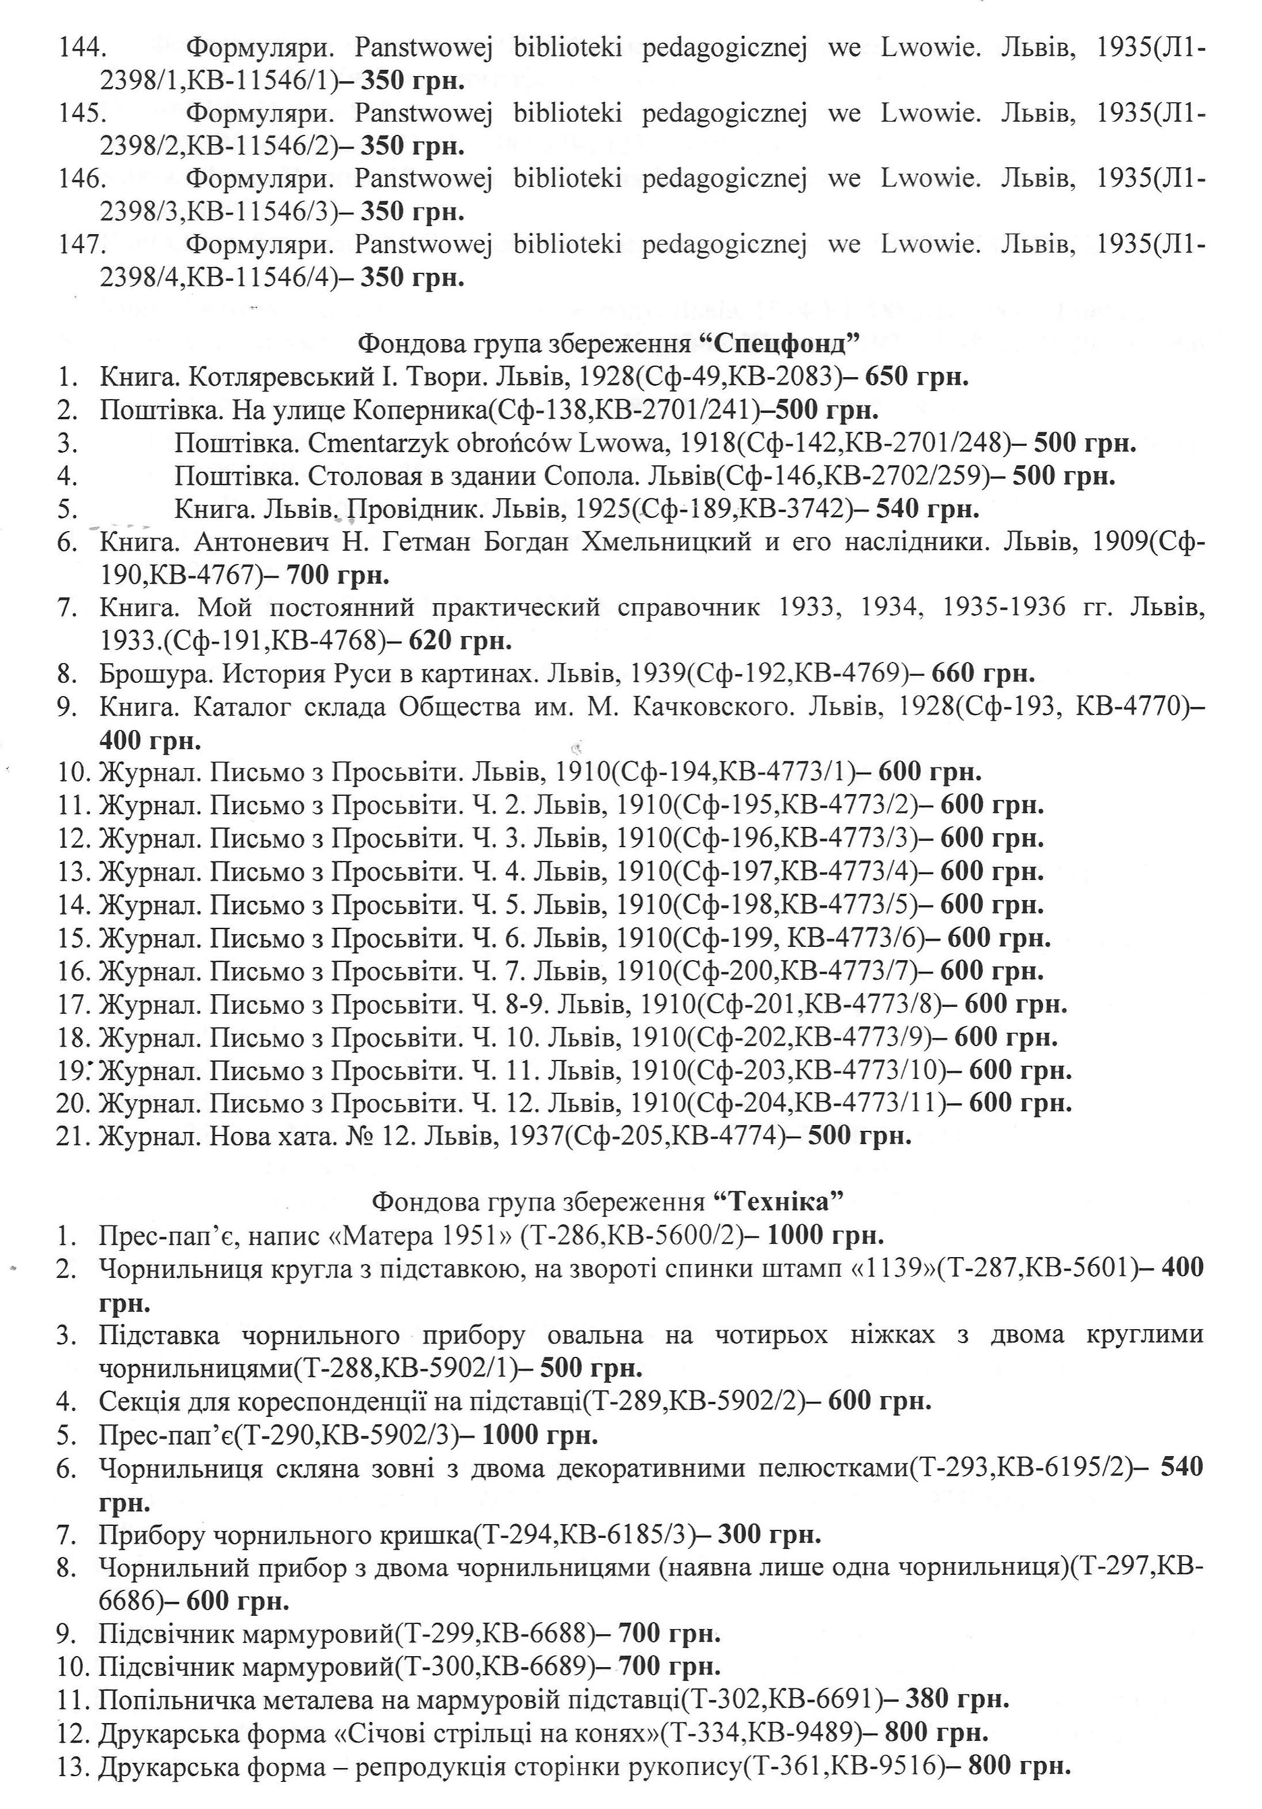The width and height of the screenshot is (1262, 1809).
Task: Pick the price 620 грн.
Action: click(460, 641)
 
